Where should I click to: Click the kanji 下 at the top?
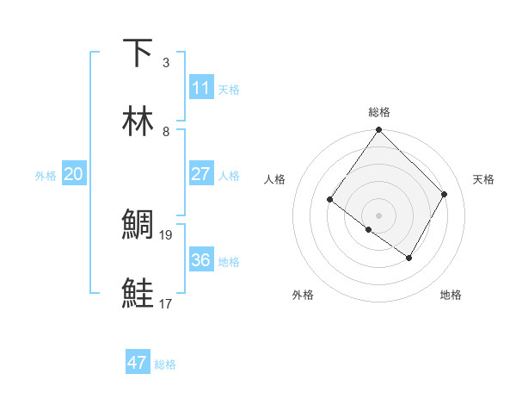pyautogui.click(x=138, y=53)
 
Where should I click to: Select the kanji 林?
pyautogui.click(x=138, y=121)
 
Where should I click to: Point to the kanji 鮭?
pyautogui.click(x=138, y=293)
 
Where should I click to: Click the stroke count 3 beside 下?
pyautogui.click(x=166, y=63)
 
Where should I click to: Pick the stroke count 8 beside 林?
pyautogui.click(x=166, y=132)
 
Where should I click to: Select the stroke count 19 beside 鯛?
pyautogui.click(x=167, y=234)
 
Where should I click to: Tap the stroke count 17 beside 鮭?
pyautogui.click(x=167, y=303)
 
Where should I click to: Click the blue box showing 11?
pyautogui.click(x=200, y=88)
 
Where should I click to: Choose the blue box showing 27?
pyautogui.click(x=200, y=174)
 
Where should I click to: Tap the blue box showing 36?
pyautogui.click(x=200, y=260)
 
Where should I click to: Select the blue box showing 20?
pyautogui.click(x=73, y=174)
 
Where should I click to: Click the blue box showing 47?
pyautogui.click(x=137, y=363)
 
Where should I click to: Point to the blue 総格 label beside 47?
pyautogui.click(x=165, y=364)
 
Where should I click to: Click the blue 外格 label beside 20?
pyautogui.click(x=46, y=176)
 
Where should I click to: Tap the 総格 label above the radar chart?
pyautogui.click(x=379, y=112)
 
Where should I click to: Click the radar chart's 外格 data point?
pyautogui.click(x=368, y=230)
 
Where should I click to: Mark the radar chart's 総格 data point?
pyautogui.click(x=379, y=131)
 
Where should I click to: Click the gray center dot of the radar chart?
pyautogui.click(x=379, y=215)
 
